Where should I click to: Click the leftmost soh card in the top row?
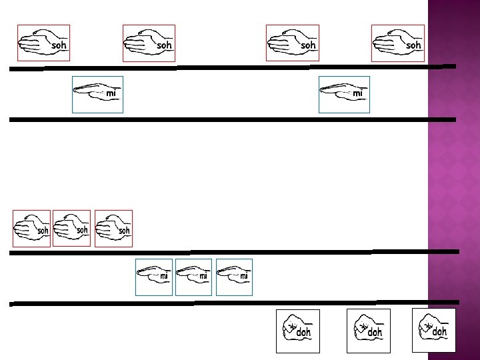tap(43, 43)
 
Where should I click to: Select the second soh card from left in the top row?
tap(149, 43)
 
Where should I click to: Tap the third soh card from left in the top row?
tap(293, 43)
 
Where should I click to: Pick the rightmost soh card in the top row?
tap(398, 43)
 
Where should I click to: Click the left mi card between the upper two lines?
tap(97, 95)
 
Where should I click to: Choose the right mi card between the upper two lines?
tap(344, 95)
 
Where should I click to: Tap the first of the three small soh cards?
tap(32, 229)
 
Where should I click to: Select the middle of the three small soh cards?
tap(71, 228)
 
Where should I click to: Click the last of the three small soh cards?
tap(113, 228)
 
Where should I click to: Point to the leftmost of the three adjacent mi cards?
tap(154, 277)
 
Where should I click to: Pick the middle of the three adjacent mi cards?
tap(194, 277)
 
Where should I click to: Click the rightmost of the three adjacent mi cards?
tap(235, 277)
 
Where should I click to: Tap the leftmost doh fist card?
tap(298, 331)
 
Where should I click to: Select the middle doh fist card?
tap(369, 331)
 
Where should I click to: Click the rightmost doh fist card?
tap(434, 330)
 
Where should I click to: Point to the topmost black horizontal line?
tap(233, 67)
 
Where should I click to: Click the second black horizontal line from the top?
tap(233, 119)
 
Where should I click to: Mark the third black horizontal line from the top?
tap(233, 252)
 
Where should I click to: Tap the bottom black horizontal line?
tap(233, 303)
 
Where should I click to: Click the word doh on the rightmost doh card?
tap(440, 331)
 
